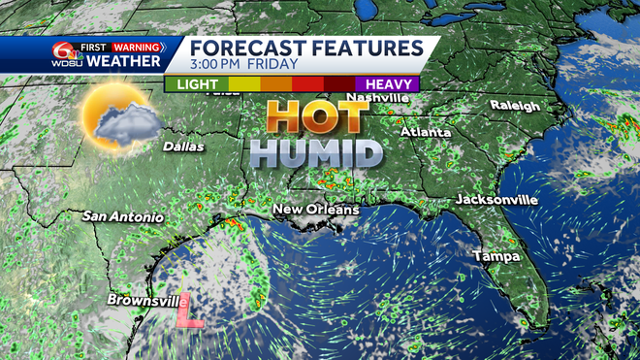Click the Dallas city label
click(x=183, y=147)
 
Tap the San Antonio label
click(x=121, y=216)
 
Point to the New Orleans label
click(x=315, y=210)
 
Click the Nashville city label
click(x=378, y=98)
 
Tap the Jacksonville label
click(x=496, y=199)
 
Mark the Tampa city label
click(x=496, y=256)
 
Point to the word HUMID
click(x=314, y=152)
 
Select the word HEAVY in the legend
click(x=385, y=84)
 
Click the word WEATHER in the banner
click(x=123, y=62)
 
